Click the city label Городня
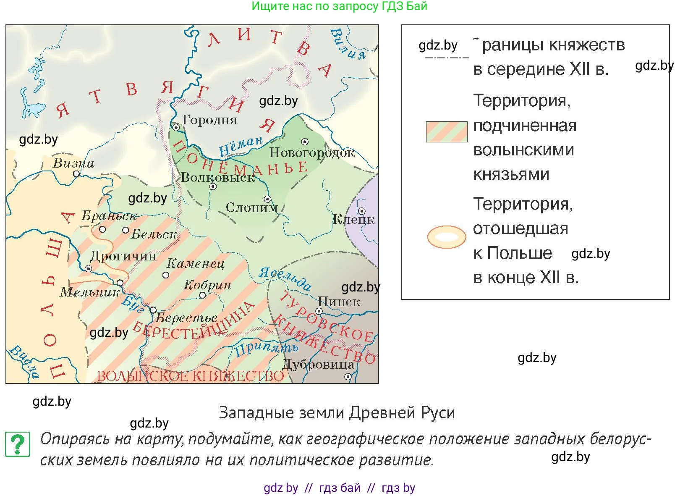209,120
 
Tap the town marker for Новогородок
305,142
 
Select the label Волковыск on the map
218,178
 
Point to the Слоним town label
251,207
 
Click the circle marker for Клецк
361,211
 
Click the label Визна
73,163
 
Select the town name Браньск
109,216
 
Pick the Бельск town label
154,234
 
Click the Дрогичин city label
123,256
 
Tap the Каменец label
195,263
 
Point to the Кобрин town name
207,285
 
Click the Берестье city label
186,318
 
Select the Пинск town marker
319,311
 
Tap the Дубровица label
319,364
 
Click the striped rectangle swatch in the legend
447,132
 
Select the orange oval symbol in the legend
447,237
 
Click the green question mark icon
17,444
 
